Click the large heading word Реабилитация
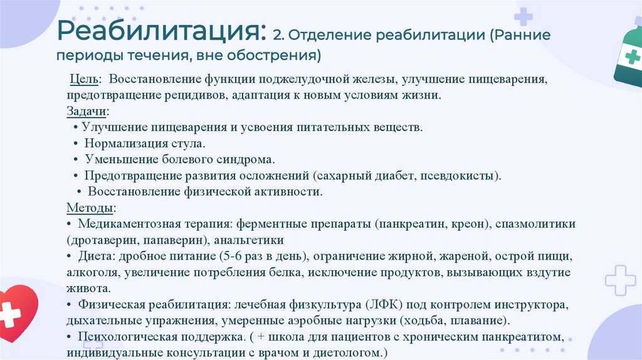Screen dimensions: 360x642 (159, 31)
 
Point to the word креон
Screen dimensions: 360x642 (468, 224)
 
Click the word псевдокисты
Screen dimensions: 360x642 (462, 176)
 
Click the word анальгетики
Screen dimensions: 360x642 (250, 240)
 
